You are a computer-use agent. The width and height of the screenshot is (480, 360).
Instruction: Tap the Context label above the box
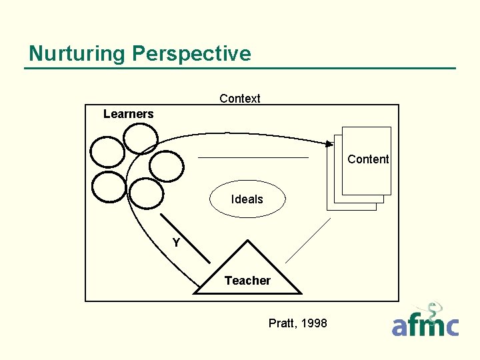coord(240,99)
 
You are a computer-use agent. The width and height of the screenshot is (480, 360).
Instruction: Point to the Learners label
coord(129,114)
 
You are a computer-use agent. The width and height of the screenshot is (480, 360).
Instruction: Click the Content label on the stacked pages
coord(368,159)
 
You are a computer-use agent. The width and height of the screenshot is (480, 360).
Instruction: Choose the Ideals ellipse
coord(247,199)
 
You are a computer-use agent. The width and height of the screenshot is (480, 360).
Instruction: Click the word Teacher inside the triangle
coord(247,281)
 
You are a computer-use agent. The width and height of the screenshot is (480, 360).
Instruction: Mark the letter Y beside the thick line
coord(176,243)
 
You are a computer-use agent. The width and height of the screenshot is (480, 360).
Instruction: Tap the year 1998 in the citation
coord(315,323)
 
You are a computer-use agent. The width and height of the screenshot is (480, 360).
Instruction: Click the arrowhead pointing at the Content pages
coord(329,143)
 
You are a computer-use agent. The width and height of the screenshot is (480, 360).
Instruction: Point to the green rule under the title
coord(240,68)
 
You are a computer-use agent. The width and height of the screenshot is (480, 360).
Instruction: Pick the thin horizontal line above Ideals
coord(253,157)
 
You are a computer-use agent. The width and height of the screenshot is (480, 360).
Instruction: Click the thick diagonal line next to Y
coord(177,233)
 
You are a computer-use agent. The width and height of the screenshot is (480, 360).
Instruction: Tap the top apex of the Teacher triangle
coord(247,241)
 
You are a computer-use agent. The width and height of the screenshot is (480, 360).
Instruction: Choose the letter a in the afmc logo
coord(400,327)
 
